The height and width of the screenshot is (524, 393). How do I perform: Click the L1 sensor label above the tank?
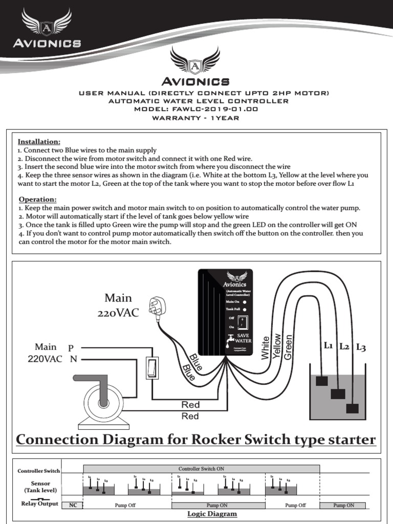click(x=329, y=346)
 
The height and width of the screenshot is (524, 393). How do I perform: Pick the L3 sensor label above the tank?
click(x=361, y=347)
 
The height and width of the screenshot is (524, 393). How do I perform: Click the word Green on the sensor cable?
click(x=288, y=346)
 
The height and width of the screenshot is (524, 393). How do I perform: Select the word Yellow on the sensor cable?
click(x=277, y=346)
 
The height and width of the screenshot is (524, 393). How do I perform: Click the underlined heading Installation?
click(x=39, y=141)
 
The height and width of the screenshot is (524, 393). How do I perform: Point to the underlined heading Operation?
click(x=37, y=199)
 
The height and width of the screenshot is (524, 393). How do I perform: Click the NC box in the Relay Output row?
click(x=73, y=505)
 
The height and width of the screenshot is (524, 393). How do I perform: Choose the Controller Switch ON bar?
click(x=201, y=468)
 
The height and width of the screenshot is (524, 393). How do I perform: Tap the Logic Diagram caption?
click(x=212, y=514)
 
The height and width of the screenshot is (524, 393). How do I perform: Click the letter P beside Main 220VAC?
click(x=71, y=347)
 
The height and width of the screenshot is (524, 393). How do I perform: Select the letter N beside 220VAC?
click(x=74, y=359)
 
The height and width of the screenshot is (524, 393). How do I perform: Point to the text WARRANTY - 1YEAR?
click(x=196, y=118)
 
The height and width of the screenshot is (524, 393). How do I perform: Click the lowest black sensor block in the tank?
click(x=352, y=408)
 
